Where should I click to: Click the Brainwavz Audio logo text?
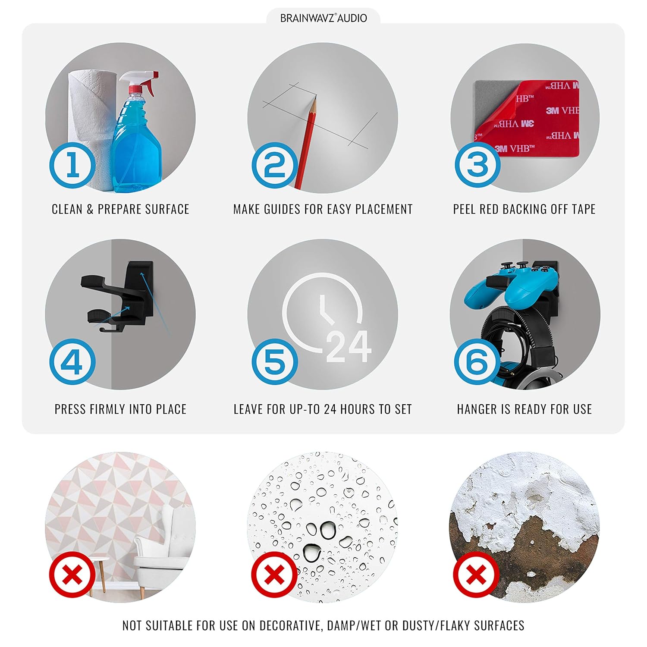[323, 18]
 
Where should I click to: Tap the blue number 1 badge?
[72, 165]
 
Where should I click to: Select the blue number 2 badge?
[275, 165]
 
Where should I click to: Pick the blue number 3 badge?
[477, 165]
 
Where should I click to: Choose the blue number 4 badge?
[72, 361]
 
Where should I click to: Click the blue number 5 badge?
[275, 361]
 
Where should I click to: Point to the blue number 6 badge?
[477, 361]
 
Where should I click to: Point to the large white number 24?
[349, 346]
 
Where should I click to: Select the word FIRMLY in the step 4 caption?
[108, 409]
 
